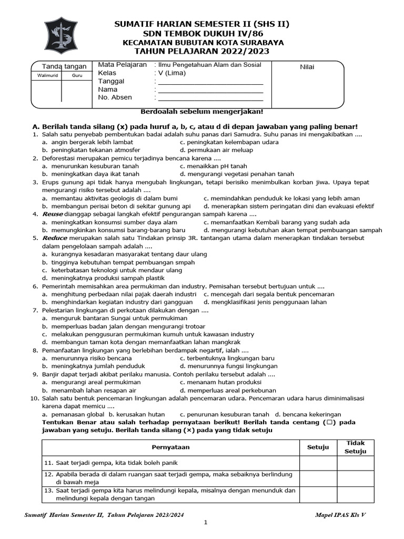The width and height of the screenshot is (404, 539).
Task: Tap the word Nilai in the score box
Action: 307,67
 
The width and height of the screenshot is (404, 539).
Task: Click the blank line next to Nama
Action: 210,90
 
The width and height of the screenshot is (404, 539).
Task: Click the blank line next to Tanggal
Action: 210,82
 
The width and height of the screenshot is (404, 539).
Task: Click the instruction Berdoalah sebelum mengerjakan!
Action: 202,112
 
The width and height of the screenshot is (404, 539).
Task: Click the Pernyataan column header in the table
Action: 171,447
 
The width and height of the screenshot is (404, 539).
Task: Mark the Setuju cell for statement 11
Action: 318,463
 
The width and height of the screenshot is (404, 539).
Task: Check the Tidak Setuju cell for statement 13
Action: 355,494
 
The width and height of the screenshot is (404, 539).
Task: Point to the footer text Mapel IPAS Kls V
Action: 340,514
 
